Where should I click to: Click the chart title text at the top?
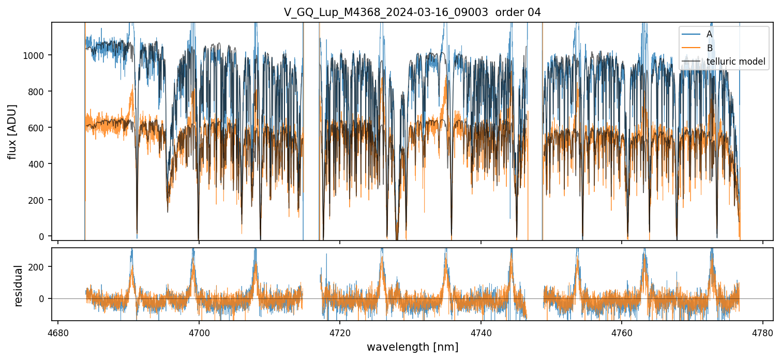tap(412, 12)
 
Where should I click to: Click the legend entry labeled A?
tap(709, 34)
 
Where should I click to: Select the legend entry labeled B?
tap(709, 48)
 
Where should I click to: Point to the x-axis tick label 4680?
tap(57, 331)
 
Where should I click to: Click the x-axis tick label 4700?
tap(199, 331)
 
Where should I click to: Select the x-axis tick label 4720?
tap(340, 331)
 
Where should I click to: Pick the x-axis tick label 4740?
tap(481, 331)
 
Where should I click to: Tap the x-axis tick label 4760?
tap(622, 331)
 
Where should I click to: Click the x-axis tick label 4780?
tap(763, 331)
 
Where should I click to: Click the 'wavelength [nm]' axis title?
tap(412, 347)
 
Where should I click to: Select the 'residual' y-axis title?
tap(18, 286)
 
